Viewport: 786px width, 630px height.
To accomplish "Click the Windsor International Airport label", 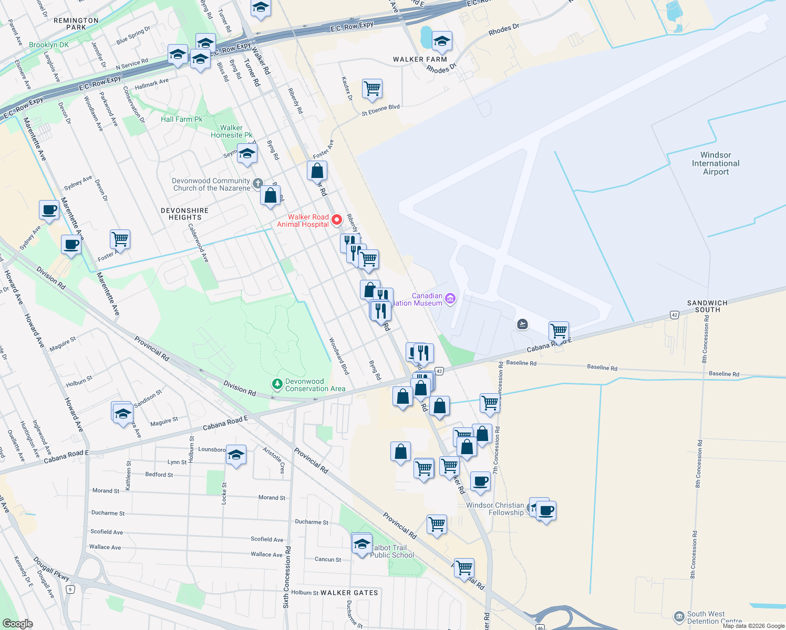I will pyautogui.click(x=716, y=163).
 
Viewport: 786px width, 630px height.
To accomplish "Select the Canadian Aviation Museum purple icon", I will pyautogui.click(x=450, y=299).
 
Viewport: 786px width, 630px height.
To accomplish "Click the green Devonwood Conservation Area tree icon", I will pyautogui.click(x=277, y=385).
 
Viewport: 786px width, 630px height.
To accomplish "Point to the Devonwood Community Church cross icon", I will pyautogui.click(x=257, y=184).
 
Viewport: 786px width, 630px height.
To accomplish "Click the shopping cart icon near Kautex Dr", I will pyautogui.click(x=372, y=89).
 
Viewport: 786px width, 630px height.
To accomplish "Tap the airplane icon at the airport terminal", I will pyautogui.click(x=522, y=324).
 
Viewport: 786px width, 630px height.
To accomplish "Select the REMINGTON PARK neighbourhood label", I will pyautogui.click(x=76, y=24).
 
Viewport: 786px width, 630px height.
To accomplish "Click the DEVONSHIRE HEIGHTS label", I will pyautogui.click(x=185, y=214).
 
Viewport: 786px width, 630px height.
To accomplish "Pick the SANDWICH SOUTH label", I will pyautogui.click(x=707, y=306).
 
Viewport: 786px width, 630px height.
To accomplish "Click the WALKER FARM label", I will pyautogui.click(x=420, y=59).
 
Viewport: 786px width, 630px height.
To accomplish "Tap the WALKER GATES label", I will pyautogui.click(x=349, y=593).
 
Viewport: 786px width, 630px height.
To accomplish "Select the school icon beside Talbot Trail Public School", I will pyautogui.click(x=361, y=543).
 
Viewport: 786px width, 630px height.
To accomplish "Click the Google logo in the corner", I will pyautogui.click(x=17, y=623).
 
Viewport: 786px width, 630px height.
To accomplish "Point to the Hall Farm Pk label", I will pyautogui.click(x=181, y=119).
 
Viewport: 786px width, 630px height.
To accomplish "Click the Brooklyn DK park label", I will pyautogui.click(x=49, y=45).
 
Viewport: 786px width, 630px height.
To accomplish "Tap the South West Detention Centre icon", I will pyautogui.click(x=679, y=616).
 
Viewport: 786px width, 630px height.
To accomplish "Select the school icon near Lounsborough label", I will pyautogui.click(x=236, y=455).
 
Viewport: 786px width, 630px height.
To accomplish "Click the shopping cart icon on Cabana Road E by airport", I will pyautogui.click(x=559, y=331).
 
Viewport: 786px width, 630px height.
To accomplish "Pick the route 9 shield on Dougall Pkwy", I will pyautogui.click(x=70, y=590).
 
